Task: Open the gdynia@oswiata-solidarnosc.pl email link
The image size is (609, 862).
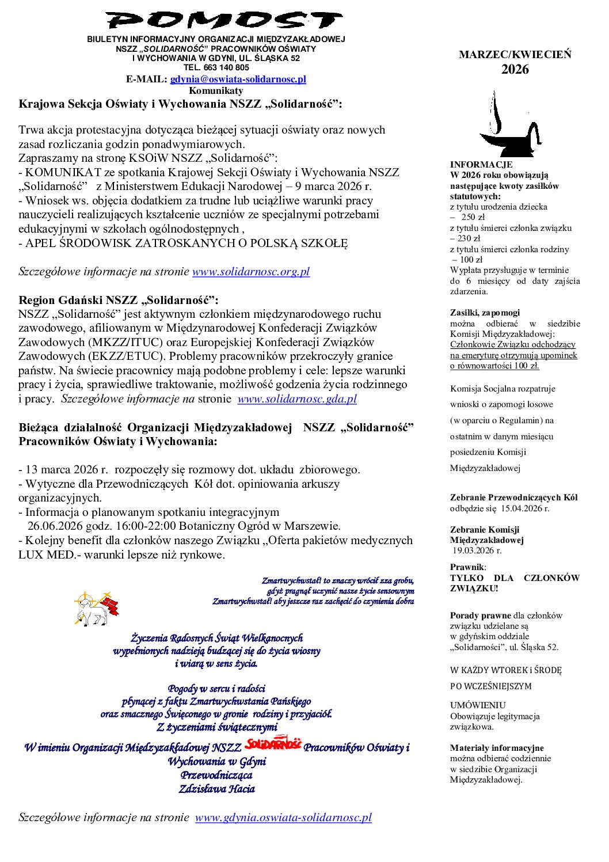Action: click(238, 79)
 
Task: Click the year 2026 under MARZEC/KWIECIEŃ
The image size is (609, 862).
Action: click(515, 70)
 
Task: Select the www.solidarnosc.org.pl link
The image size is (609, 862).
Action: click(251, 272)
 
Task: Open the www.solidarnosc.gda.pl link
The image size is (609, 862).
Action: click(297, 398)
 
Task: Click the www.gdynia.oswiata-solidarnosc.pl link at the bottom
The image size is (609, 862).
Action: click(283, 817)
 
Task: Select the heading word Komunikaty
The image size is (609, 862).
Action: click(216, 90)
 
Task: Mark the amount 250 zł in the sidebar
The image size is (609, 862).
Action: click(473, 217)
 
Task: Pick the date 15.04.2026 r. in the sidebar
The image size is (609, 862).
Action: click(525, 508)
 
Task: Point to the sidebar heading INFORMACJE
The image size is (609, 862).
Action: click(481, 165)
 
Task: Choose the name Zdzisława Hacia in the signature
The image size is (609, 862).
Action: click(217, 789)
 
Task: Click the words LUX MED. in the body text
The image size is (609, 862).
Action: click(47, 555)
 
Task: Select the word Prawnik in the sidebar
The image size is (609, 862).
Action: click(467, 567)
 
